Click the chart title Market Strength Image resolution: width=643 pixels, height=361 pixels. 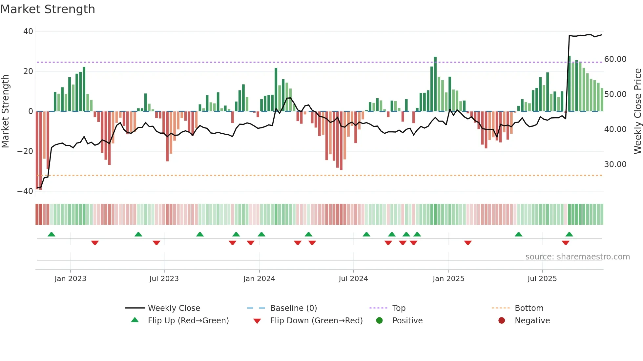point(48,9)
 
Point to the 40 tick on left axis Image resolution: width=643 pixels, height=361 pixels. point(28,31)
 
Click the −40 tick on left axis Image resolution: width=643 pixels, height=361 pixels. point(25,191)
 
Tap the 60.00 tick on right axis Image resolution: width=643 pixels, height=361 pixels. point(615,59)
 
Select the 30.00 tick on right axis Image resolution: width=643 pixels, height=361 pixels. point(615,164)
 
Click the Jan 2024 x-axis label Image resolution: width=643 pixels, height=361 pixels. point(259,279)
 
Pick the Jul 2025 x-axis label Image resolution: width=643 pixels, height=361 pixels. point(542,279)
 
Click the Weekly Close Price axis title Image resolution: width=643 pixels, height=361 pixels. point(637,111)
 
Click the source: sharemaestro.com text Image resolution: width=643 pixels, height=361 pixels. point(577,257)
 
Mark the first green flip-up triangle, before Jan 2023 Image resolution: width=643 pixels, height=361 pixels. point(52,234)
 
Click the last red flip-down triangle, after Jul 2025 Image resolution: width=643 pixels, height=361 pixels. point(565,243)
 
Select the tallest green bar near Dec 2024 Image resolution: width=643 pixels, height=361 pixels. point(435,84)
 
